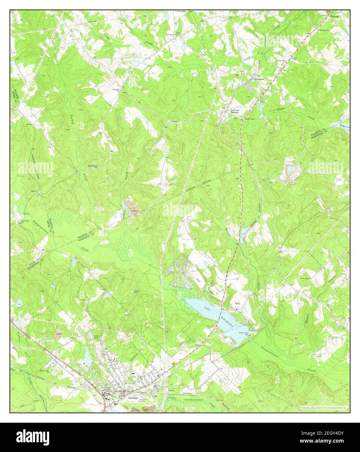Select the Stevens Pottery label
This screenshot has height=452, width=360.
click(235, 112)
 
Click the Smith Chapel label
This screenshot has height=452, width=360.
click(250, 119)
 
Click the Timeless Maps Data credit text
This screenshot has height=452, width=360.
click(319, 407)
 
